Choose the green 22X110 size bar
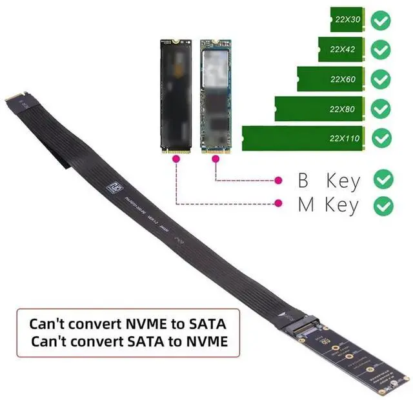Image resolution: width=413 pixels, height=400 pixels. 304,138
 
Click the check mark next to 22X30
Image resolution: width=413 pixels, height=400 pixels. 382,21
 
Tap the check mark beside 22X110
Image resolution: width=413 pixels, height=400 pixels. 382,137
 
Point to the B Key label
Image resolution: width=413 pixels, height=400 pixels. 328,180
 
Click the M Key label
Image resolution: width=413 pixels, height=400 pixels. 328,206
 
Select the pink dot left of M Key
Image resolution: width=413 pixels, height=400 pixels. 279,204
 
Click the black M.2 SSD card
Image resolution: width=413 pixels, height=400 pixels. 176,97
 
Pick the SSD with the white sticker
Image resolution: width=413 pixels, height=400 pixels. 214,97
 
